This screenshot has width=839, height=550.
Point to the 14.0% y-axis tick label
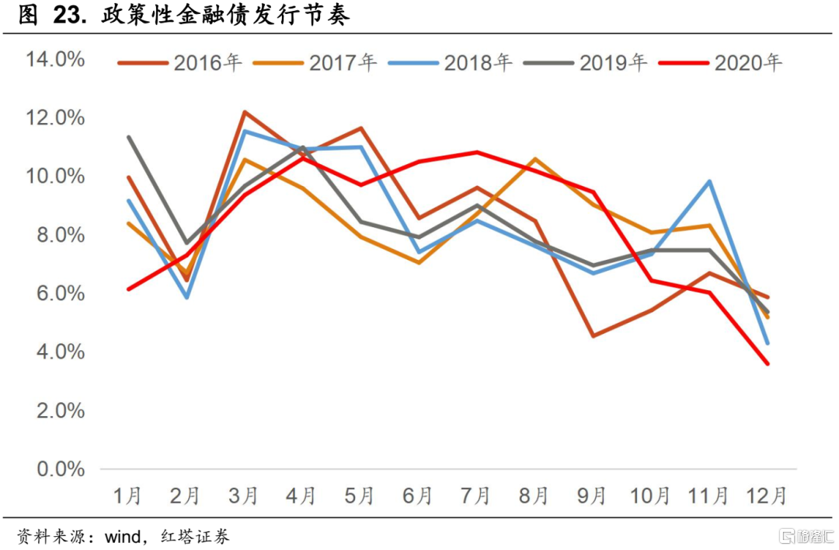click(x=54, y=59)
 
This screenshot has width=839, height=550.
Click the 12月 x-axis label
click(x=766, y=496)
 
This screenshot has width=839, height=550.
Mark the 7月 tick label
click(x=475, y=496)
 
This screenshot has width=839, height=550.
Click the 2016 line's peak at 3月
click(x=244, y=112)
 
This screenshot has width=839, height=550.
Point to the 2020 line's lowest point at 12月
click(x=768, y=363)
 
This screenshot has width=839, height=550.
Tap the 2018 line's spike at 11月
click(x=709, y=181)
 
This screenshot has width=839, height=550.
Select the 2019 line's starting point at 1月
click(x=128, y=137)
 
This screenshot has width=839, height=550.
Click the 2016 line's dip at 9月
click(x=593, y=336)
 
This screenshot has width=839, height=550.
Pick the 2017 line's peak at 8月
click(x=534, y=159)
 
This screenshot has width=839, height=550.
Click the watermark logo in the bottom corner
click(x=803, y=536)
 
